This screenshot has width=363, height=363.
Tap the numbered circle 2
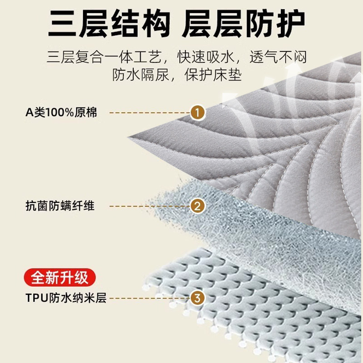[x=198, y=206]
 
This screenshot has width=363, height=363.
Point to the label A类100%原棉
[x=61, y=112]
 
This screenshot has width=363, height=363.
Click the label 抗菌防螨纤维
[x=60, y=206]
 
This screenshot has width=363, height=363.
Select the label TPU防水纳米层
[x=66, y=299]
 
